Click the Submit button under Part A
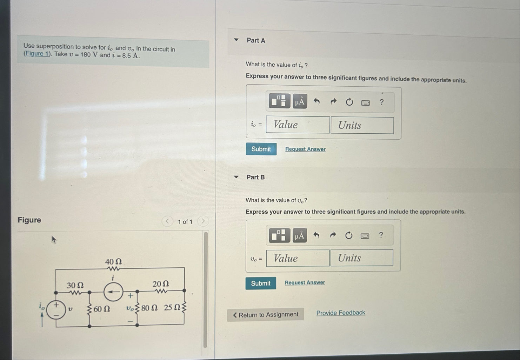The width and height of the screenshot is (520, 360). click(x=261, y=149)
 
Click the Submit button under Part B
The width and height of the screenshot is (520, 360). click(x=261, y=283)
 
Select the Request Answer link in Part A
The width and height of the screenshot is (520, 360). click(x=305, y=149)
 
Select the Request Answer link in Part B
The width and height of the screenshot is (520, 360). click(x=305, y=282)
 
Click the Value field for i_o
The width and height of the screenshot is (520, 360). click(x=298, y=125)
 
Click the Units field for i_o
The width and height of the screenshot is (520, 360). click(x=362, y=125)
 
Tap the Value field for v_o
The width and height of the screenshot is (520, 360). click(x=298, y=258)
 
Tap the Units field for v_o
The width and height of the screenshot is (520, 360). click(x=361, y=258)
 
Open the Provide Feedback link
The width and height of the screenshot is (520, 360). click(x=340, y=313)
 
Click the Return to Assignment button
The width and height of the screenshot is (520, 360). click(x=265, y=315)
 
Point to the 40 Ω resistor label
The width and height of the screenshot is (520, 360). click(x=113, y=262)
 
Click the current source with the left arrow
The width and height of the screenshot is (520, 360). click(x=113, y=292)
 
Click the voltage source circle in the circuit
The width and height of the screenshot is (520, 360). click(x=56, y=310)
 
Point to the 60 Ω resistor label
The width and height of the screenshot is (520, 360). click(x=102, y=309)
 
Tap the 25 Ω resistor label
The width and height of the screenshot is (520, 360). click(x=172, y=308)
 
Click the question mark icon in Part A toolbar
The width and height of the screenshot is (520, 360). click(x=382, y=102)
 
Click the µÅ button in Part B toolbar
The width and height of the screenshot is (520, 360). click(x=299, y=235)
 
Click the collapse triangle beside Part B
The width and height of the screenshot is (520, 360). click(x=236, y=177)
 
